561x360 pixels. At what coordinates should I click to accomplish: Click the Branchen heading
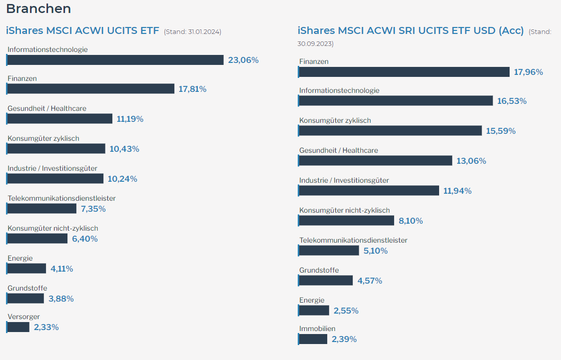point(38,9)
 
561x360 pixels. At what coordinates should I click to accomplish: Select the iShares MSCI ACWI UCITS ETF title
point(82,30)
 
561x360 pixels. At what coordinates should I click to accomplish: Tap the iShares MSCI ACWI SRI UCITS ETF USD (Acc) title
point(410,30)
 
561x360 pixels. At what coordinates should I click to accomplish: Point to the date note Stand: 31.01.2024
point(192,31)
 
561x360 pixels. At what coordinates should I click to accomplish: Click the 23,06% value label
point(243,60)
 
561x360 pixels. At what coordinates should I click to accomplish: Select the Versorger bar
point(18,327)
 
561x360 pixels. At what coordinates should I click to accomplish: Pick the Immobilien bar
point(313,339)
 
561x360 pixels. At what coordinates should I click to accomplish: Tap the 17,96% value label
point(529,72)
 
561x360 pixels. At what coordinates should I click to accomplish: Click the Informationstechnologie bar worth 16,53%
point(396,101)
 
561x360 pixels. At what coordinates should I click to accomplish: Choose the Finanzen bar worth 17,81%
point(91,89)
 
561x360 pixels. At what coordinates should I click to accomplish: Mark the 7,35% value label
point(93,209)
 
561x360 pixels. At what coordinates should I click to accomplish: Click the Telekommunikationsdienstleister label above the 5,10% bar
point(353,240)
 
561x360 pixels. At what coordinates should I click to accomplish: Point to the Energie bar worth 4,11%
point(27,269)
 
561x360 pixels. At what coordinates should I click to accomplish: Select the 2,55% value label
point(346,311)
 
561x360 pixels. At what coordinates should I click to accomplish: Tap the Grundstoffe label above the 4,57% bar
point(319,270)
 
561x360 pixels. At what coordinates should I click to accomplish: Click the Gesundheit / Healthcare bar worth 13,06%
point(375,161)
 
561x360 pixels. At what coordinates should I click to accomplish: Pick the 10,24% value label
point(122,179)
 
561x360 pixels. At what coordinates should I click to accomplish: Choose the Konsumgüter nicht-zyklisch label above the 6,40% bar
point(52,228)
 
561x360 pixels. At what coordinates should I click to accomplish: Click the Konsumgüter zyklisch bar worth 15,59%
point(390,131)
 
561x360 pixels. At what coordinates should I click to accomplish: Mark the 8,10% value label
point(411,221)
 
